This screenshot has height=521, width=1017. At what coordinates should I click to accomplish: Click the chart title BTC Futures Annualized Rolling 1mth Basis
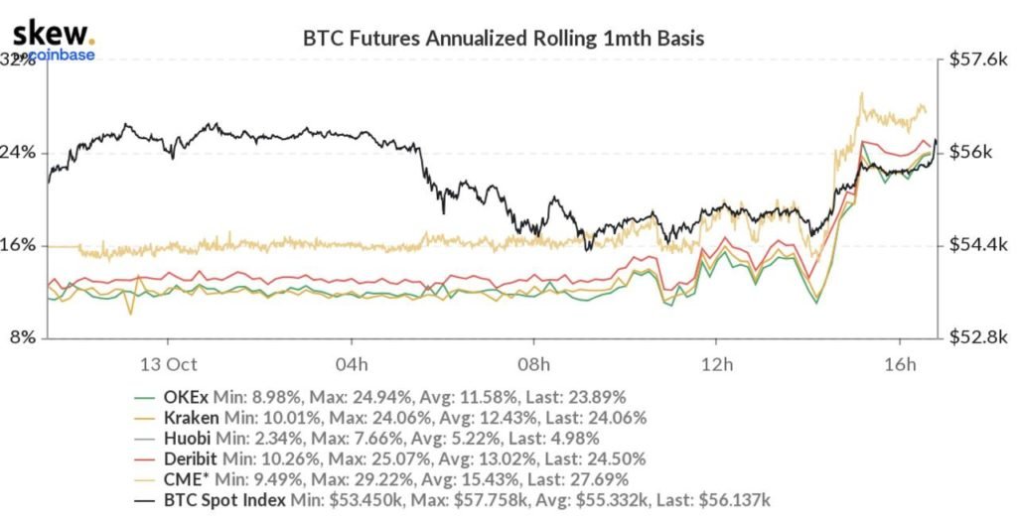pos(504,40)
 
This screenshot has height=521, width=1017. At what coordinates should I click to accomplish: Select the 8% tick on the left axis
pos(24,337)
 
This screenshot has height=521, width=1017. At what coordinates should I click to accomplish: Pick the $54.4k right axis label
pos(975,245)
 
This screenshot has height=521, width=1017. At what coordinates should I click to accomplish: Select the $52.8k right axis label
pos(975,337)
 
